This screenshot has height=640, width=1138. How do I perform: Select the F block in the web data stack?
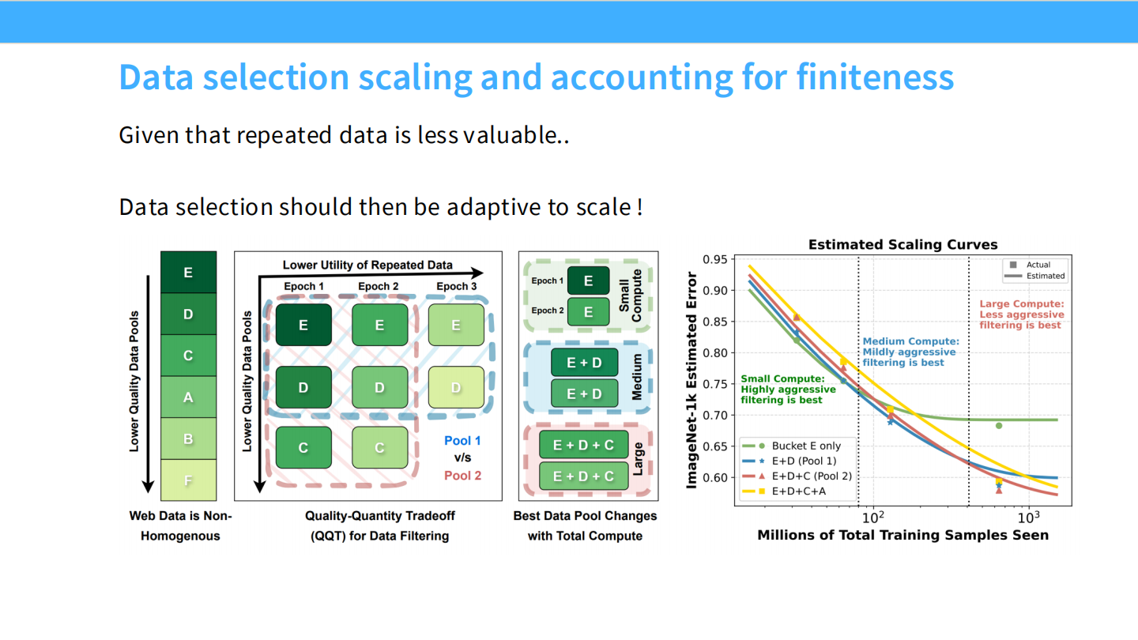pos(188,480)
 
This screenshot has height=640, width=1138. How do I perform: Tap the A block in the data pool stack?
pos(188,397)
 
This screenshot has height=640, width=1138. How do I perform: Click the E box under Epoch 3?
pos(456,325)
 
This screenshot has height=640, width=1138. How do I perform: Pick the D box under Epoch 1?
pos(303,388)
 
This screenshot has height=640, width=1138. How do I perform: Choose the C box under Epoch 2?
pos(379,448)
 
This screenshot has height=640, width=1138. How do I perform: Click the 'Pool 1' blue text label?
pos(462,441)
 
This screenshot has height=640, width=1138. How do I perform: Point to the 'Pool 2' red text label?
pos(462,476)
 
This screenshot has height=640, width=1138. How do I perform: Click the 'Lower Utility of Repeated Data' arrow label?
pos(367,265)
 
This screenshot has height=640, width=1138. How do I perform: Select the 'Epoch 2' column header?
pos(379,286)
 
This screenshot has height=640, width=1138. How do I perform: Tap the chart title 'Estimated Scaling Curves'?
pos(902,245)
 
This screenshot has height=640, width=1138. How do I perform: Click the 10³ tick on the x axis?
pos(1027,517)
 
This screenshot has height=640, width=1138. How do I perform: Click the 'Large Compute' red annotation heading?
pos(1022,303)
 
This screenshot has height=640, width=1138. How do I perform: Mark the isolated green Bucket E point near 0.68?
pos(999,426)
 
